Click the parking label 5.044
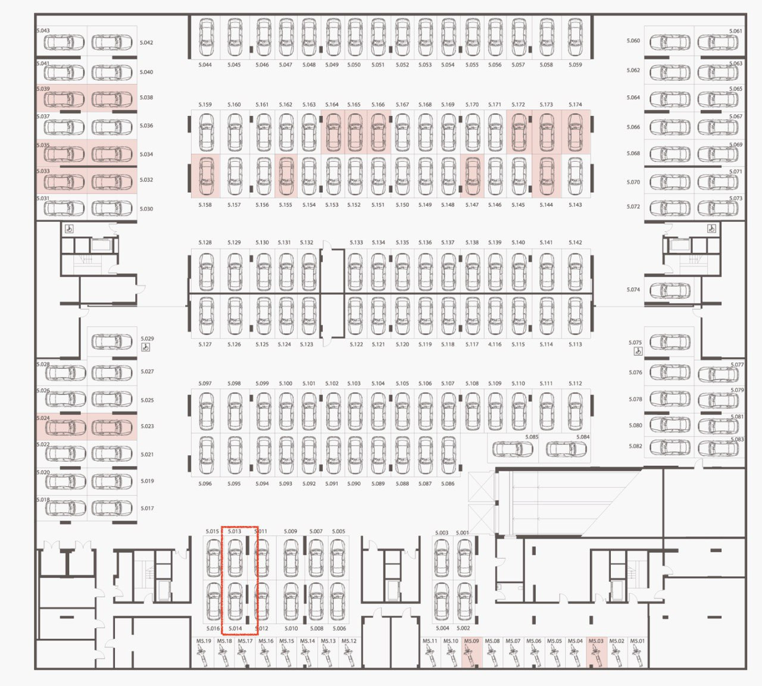coord(205,65)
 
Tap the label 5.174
coord(575,105)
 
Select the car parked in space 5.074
coord(670,290)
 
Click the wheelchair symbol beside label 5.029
coord(146,347)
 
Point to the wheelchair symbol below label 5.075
coord(638,352)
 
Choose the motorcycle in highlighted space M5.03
coord(596,656)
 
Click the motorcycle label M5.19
coord(204,641)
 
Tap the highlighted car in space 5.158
coord(206,177)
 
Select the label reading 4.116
coord(495,344)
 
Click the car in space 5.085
coord(513,449)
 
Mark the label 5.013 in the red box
coord(235,531)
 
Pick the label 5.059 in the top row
coord(575,65)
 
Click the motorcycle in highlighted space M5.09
coord(471,656)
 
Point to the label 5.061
coord(736,31)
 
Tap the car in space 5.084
coord(566,449)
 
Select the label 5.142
coord(575,243)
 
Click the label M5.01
coord(637,641)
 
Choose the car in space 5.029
coord(112,342)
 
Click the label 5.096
coord(205,484)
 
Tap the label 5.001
coord(463,533)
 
